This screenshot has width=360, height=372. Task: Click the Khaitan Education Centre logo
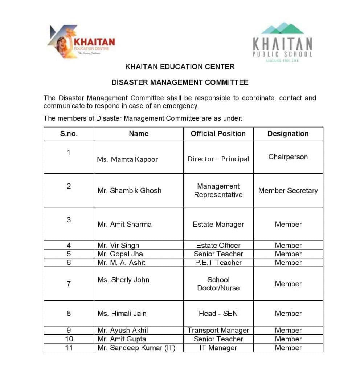click(x=81, y=42)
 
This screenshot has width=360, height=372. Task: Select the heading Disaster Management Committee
click(x=180, y=82)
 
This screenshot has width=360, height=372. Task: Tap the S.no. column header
click(x=69, y=134)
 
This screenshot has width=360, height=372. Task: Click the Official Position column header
click(x=218, y=134)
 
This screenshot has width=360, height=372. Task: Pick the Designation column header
click(x=288, y=134)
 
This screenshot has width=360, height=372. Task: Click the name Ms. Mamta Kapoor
click(x=127, y=159)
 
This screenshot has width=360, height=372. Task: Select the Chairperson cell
click(x=288, y=157)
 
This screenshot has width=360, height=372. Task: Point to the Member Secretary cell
click(x=288, y=190)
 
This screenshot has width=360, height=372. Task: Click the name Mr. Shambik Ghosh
click(x=129, y=190)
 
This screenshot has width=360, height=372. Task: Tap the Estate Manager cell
click(x=218, y=224)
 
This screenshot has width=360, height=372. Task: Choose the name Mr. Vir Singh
click(x=118, y=246)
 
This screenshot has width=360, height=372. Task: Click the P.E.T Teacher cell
click(x=218, y=263)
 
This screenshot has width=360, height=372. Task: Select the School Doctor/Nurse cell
click(x=218, y=284)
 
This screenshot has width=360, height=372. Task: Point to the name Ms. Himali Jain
click(x=122, y=314)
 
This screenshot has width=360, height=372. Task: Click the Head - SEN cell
click(x=218, y=314)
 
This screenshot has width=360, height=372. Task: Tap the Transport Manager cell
click(x=218, y=331)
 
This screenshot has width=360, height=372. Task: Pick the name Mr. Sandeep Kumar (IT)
click(x=136, y=348)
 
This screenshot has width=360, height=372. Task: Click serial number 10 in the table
click(x=69, y=339)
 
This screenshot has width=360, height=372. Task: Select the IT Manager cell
click(x=218, y=348)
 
